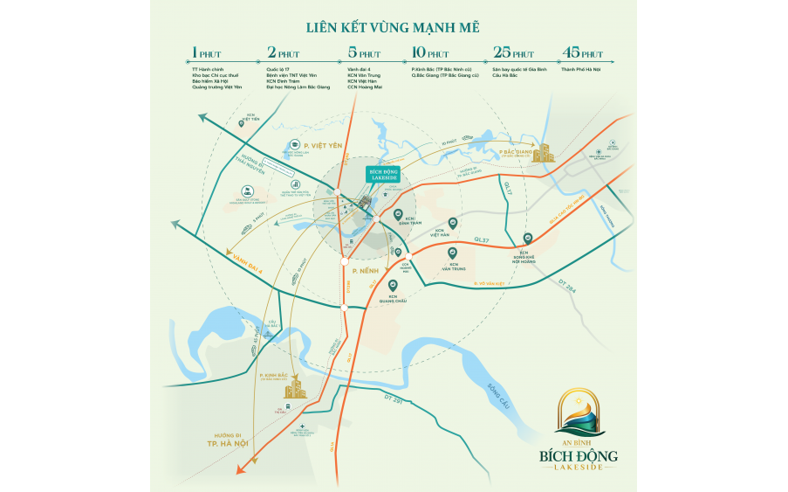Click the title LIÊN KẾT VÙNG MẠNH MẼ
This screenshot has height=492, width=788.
click(394, 29)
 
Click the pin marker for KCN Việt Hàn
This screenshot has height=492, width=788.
click(452, 223)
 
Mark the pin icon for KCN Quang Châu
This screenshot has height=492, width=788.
click(393, 285)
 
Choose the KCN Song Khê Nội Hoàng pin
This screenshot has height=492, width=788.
click(526, 238)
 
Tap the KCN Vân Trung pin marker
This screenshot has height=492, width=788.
click(453, 253)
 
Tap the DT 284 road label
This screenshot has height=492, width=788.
click(567, 287)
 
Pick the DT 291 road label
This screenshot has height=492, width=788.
click(394, 399)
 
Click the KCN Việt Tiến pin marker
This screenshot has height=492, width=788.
click(253, 124)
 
